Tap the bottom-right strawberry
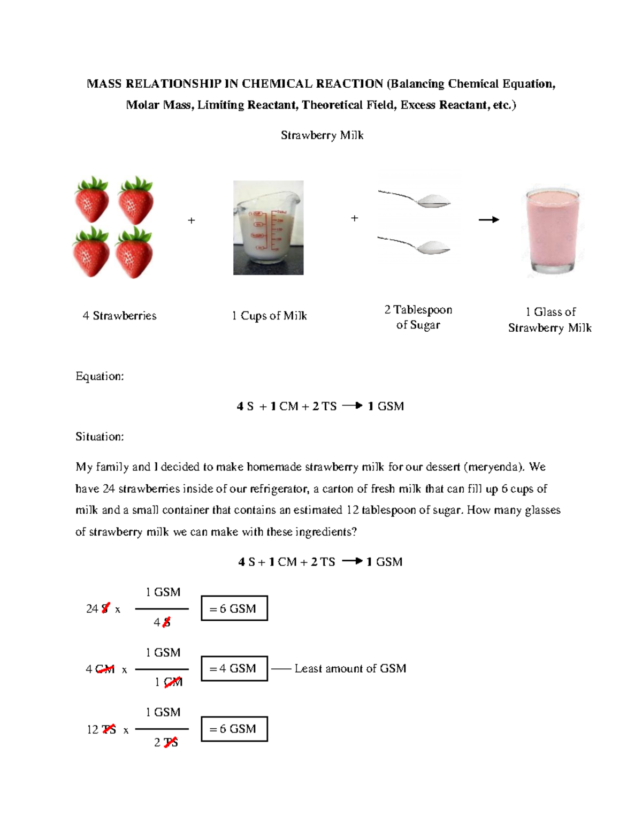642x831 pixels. [x=135, y=253]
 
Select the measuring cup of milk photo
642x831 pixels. [x=268, y=227]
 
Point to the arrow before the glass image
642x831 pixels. [x=488, y=219]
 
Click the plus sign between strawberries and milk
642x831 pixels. [x=192, y=220]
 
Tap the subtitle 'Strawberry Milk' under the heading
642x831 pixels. [x=322, y=135]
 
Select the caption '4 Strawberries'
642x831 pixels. [x=119, y=316]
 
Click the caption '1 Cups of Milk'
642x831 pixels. [x=269, y=316]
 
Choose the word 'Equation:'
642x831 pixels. [x=100, y=376]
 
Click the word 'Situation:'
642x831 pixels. [x=100, y=437]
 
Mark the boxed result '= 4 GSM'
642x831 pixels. [x=234, y=668]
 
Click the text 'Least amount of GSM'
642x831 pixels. [x=350, y=668]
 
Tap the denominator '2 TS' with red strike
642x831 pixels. [x=166, y=743]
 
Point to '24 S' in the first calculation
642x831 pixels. [x=98, y=608]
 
